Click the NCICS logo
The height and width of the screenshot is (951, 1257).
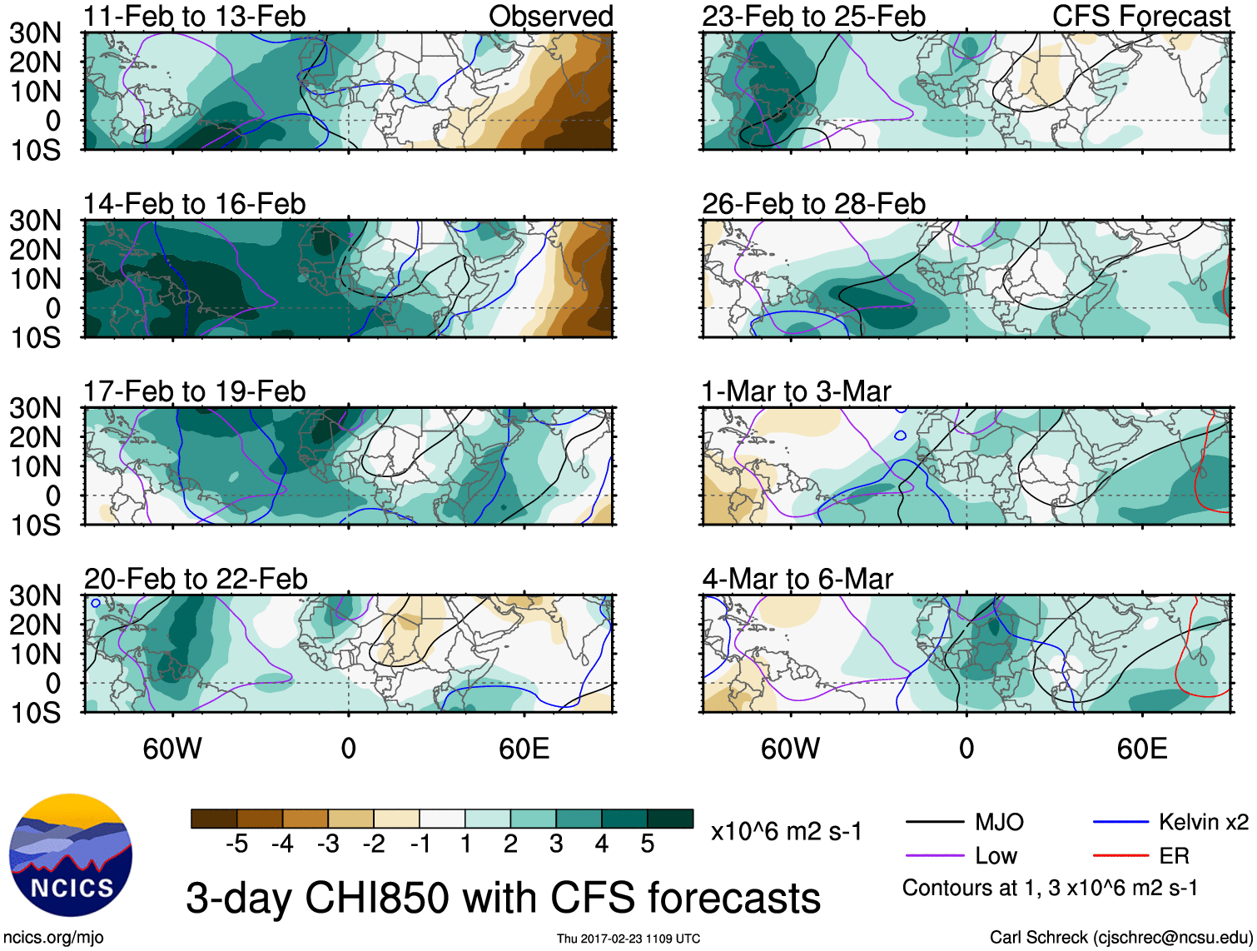pos(71,855)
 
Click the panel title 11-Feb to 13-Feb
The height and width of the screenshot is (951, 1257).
pos(194,16)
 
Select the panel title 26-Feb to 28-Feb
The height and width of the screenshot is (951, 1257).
pos(813,204)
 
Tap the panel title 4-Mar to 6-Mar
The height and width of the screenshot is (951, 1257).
pos(797,579)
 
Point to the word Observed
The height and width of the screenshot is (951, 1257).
pos(550,16)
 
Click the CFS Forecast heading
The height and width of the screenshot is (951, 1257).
pos(1140,16)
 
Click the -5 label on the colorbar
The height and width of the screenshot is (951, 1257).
pos(236,844)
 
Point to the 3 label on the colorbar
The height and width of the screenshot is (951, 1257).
pos(556,844)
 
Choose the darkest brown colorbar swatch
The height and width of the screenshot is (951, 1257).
pos(214,819)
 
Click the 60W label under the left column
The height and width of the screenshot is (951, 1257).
pos(172,749)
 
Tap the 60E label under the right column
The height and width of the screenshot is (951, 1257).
pos(1141,749)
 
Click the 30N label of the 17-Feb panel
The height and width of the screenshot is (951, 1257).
pos(35,408)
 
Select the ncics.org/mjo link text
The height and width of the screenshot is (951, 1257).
pos(53,938)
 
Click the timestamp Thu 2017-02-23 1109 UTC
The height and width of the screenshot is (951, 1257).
pos(628,939)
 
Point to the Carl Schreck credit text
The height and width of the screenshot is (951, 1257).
pos(1120,938)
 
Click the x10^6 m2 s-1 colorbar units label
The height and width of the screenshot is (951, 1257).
pos(786,831)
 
